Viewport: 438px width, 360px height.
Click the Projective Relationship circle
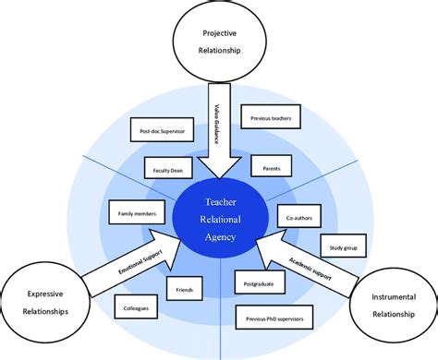click(219, 42)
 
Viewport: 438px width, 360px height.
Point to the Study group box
click(339, 246)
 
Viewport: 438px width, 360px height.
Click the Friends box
click(183, 292)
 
